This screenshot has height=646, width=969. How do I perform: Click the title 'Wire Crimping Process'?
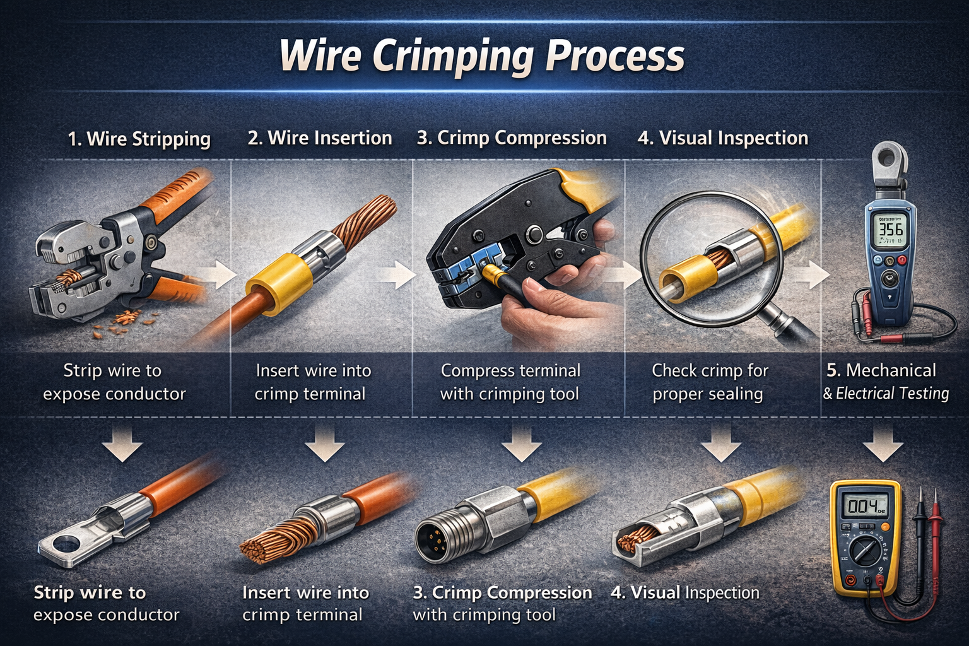pos(482,56)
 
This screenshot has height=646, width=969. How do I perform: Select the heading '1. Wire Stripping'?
pos(139,139)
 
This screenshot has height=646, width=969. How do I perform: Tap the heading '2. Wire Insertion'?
pos(320,138)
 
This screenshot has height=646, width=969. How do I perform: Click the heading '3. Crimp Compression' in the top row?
pos(511,138)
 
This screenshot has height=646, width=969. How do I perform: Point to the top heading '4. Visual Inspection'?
pos(722,138)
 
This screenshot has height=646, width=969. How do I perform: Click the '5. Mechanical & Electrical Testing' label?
pos(885,382)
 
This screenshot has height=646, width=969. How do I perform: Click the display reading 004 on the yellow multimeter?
pos(864,506)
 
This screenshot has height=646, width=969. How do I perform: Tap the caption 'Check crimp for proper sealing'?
pos(709,382)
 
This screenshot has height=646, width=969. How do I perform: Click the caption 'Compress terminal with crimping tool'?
pos(510,382)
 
